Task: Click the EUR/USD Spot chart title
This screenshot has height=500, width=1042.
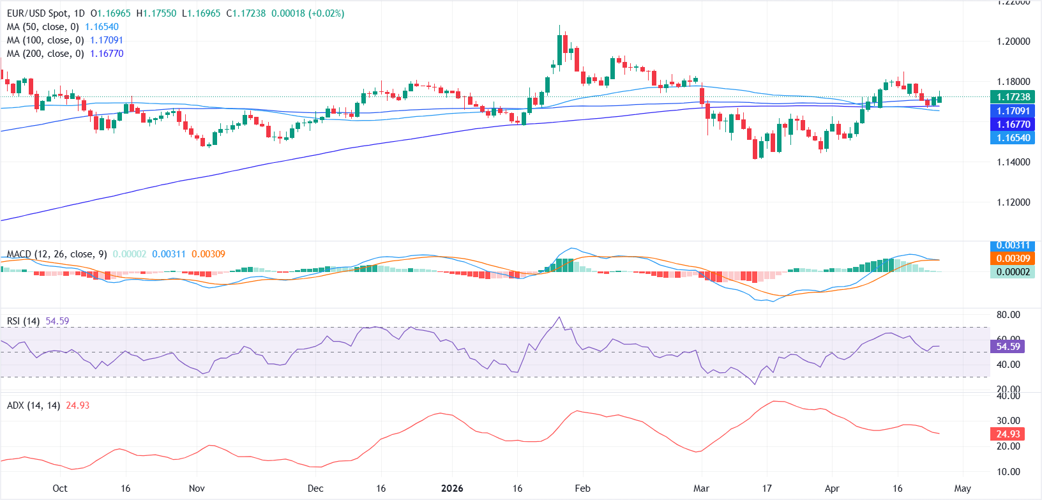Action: pos(45,13)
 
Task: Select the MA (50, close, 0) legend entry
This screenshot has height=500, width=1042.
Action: pos(43,27)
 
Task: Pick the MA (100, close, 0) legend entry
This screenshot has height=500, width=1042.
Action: pos(45,40)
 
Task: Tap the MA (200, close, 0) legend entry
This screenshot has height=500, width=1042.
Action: pos(45,54)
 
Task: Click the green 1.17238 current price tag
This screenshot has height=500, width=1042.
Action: pos(1013,97)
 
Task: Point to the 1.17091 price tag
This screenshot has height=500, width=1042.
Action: pos(1013,111)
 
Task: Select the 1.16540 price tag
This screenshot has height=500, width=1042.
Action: pos(1013,138)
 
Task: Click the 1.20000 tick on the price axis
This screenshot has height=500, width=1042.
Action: pos(1013,42)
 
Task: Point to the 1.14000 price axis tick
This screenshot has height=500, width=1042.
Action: pos(1013,162)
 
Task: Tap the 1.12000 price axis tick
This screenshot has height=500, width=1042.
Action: pos(1013,202)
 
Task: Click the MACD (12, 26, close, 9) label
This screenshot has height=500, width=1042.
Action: pos(57,254)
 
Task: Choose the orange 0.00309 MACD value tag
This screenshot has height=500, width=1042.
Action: pos(1013,259)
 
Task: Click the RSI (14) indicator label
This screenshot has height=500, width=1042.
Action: pos(23,321)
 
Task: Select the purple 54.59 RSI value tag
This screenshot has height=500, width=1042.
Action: pos(1008,347)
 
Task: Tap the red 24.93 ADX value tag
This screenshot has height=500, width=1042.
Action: pos(1008,434)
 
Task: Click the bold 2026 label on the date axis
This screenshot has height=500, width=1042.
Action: pos(452,489)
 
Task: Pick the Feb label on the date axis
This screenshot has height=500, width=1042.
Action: pos(582,489)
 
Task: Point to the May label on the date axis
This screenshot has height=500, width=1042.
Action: pos(962,489)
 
